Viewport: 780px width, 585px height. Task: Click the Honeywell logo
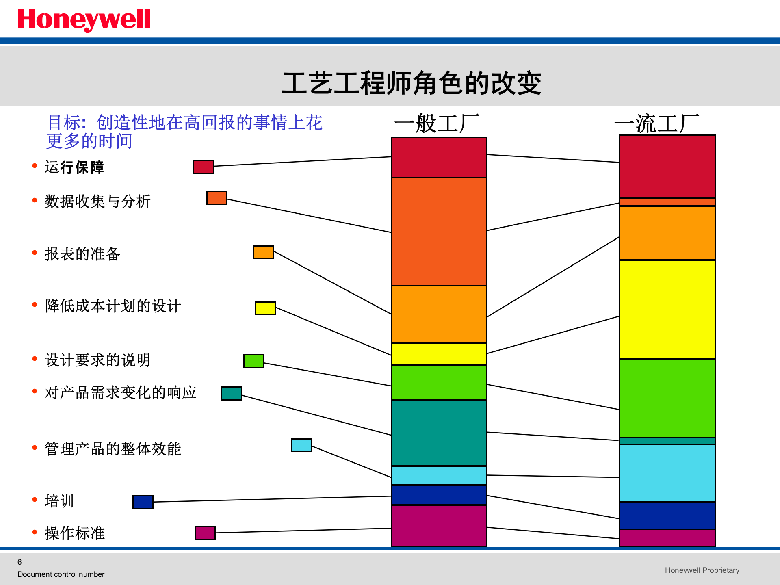click(84, 19)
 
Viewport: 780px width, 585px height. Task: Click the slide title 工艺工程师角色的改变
click(411, 83)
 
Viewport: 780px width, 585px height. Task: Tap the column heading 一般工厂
click(437, 123)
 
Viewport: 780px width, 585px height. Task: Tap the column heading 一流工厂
click(656, 123)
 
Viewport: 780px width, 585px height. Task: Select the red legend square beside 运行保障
click(203, 167)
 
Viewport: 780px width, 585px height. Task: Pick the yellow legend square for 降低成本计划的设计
click(265, 308)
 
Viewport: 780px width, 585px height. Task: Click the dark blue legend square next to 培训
click(143, 502)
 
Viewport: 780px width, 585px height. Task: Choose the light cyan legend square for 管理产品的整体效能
click(301, 445)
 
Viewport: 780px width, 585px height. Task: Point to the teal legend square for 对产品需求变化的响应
click(232, 393)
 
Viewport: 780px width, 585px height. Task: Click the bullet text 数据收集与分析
click(97, 201)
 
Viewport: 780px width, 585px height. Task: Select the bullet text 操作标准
click(75, 533)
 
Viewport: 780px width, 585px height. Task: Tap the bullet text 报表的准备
click(82, 254)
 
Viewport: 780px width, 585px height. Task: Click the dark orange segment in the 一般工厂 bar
click(439, 232)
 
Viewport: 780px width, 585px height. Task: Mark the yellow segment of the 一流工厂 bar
click(667, 309)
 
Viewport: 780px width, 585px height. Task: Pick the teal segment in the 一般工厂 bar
click(439, 433)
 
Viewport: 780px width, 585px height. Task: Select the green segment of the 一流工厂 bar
click(667, 398)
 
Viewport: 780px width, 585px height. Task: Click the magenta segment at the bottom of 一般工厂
click(439, 526)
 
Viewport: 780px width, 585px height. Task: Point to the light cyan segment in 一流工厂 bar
click(667, 473)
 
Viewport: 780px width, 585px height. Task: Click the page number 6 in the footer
click(19, 562)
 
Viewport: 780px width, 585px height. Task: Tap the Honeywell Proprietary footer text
click(702, 570)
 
